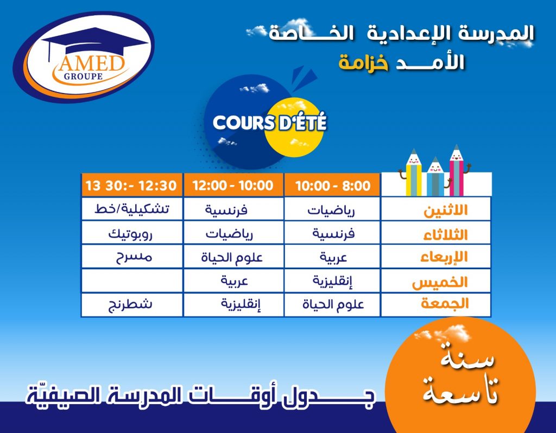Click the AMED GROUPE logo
pos(84,57)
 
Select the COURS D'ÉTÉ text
pos(269,122)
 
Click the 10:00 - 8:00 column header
pos(332,185)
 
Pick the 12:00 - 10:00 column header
pos(233,185)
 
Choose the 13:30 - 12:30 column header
pos(131,185)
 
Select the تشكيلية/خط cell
pos(132,209)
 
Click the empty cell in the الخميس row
pos(132,281)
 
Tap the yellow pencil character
pos(413,173)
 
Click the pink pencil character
pos(457,170)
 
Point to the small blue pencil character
pos(436,177)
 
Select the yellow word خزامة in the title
pos(364,63)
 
